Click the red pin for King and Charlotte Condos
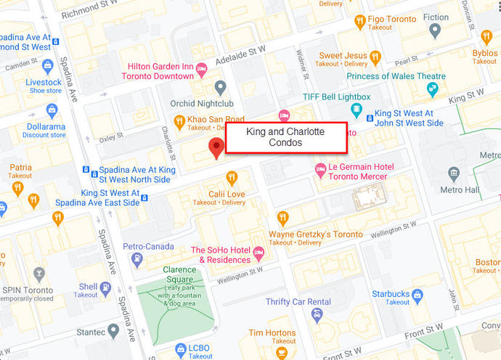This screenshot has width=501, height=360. [x=216, y=147]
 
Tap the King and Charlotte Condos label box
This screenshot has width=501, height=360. [x=285, y=137]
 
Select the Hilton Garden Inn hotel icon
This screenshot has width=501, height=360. [x=202, y=69]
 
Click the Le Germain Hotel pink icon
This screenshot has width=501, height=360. [x=319, y=169]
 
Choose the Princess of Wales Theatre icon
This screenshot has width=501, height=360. [x=433, y=89]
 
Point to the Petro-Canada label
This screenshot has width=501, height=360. [x=148, y=246]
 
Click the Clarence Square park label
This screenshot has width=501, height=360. [x=178, y=274]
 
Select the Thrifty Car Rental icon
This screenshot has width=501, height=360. [x=317, y=314]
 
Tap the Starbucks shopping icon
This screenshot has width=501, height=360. [x=417, y=295]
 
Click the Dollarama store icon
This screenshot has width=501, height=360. [x=52, y=110]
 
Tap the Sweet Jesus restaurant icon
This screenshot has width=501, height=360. [x=375, y=56]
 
